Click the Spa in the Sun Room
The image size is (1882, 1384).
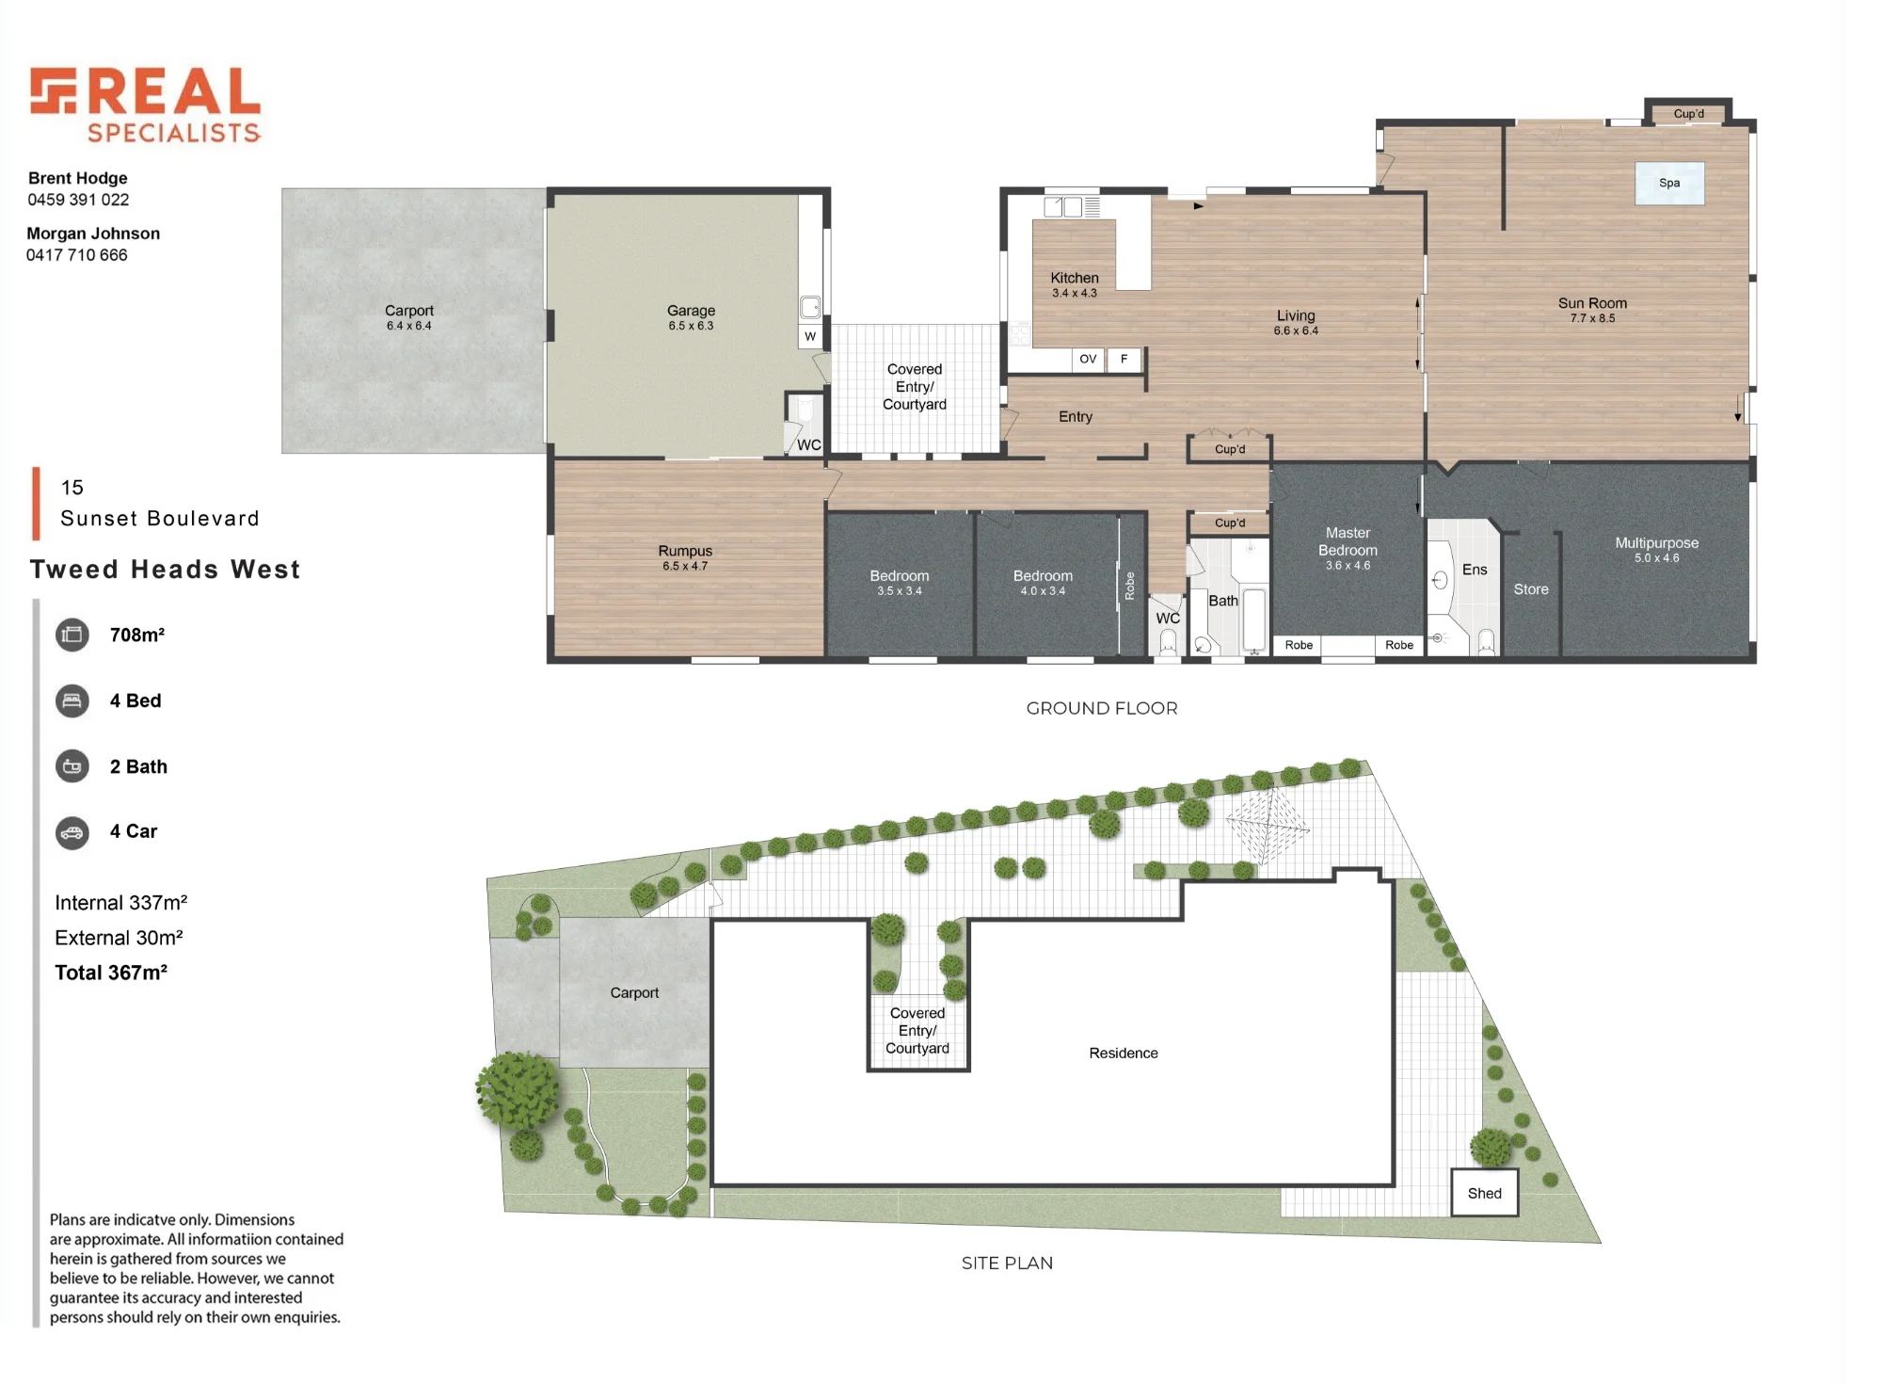coord(1669,183)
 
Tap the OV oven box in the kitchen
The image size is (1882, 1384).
coord(1088,359)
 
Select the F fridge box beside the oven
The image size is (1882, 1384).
coord(1124,359)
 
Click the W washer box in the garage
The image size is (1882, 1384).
coord(810,336)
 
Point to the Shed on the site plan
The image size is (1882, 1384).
coord(1484,1193)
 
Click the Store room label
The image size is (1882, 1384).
coord(1531,589)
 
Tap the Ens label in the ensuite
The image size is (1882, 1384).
coord(1475,570)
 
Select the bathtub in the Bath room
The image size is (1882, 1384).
coord(1254,620)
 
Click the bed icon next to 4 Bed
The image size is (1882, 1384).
coord(72,700)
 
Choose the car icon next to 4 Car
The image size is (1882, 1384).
coord(72,832)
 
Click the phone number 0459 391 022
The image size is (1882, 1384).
coord(78,200)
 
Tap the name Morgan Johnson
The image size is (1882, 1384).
coord(93,233)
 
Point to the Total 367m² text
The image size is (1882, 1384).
coord(111,973)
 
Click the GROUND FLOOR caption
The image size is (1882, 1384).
coord(1102,708)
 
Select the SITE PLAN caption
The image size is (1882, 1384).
coord(1007,1263)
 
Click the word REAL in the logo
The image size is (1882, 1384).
coord(175,91)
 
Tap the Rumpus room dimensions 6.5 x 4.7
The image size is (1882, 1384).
coord(685,566)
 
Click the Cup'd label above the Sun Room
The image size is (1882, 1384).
coord(1689,114)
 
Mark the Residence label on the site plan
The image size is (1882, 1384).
coord(1124,1053)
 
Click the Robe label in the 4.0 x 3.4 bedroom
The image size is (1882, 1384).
coord(1130,586)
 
